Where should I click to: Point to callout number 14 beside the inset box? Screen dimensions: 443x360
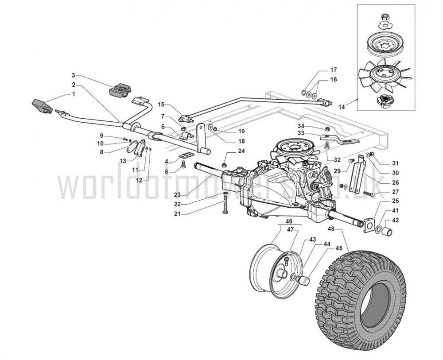(342, 107)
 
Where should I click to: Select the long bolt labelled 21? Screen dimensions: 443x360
(225, 205)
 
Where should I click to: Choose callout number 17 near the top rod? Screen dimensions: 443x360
(334, 70)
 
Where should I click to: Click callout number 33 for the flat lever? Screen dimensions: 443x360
(301, 132)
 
